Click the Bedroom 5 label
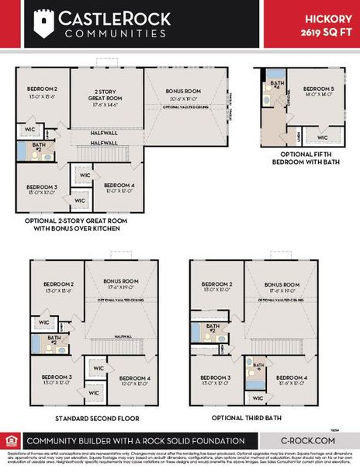317,90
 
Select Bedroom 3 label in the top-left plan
41,188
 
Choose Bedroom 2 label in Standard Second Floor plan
57,285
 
